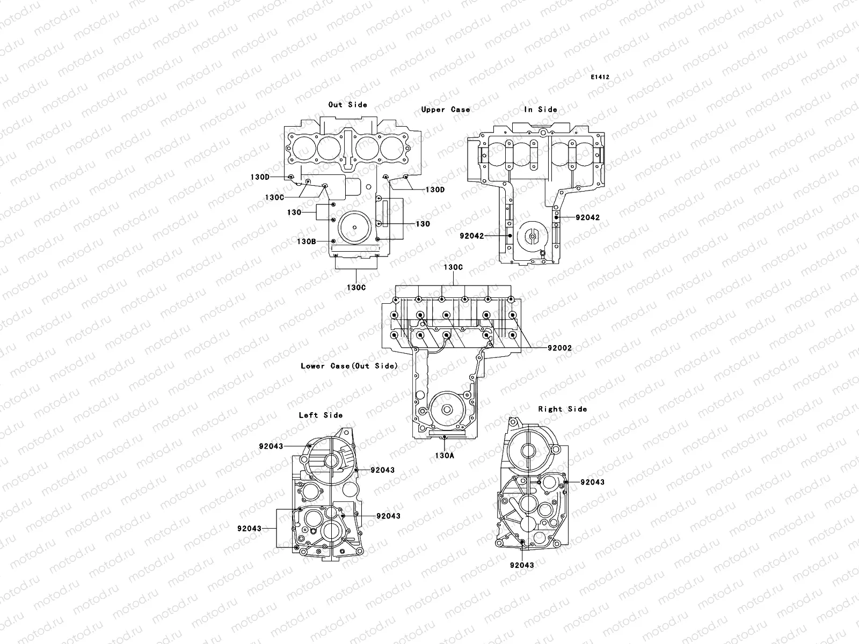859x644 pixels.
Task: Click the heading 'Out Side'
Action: coord(348,105)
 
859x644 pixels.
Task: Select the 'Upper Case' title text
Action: coord(446,109)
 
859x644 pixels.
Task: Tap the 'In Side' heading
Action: coord(541,109)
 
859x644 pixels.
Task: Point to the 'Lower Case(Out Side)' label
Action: coord(349,366)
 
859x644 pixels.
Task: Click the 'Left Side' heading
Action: coord(321,415)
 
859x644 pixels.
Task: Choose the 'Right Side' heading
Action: coord(563,409)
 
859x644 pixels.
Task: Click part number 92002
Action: coord(559,348)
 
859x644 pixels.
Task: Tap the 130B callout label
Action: coord(307,241)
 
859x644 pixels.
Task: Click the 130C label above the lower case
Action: coord(453,267)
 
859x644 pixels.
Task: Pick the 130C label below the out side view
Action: coord(356,288)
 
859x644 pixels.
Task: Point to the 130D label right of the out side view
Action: coord(435,190)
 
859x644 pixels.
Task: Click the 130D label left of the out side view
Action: coord(260,177)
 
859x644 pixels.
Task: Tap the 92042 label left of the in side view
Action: coord(471,236)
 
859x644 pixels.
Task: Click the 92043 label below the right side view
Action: coord(522,565)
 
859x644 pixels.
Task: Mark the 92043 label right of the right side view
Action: coord(592,482)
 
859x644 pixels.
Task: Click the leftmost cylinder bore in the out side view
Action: coord(302,146)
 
